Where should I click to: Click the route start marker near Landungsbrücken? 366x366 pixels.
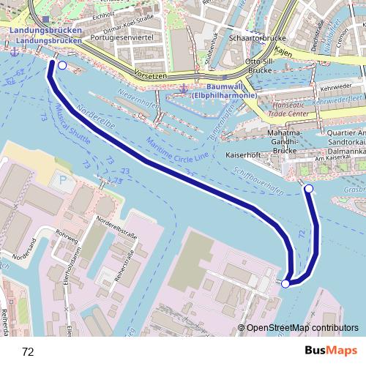click(61, 66)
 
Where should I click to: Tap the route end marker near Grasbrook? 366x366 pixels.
click(308, 190)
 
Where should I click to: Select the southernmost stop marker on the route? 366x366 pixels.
click(285, 283)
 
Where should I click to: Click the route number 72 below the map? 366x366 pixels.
click(28, 352)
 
